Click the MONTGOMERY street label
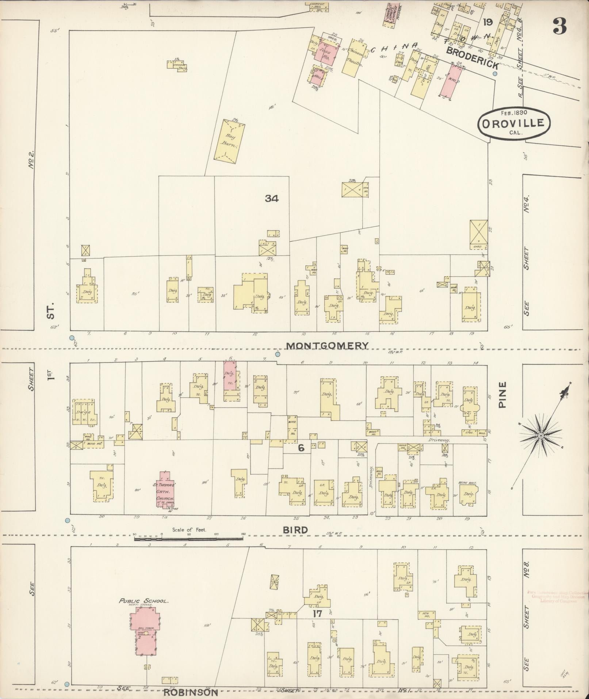[327, 345]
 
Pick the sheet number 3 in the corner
[559, 26]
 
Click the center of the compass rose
[541, 436]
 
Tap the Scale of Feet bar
[189, 539]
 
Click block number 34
[272, 198]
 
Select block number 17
[317, 613]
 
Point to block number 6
[301, 448]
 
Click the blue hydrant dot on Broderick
[495, 73]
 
